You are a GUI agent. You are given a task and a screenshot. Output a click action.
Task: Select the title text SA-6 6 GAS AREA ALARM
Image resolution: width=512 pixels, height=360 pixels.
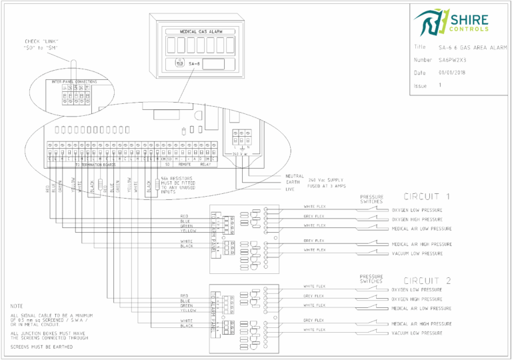468,47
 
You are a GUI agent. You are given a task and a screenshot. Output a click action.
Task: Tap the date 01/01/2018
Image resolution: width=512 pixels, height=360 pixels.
452,73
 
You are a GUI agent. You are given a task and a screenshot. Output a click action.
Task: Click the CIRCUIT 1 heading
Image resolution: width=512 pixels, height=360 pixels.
427,197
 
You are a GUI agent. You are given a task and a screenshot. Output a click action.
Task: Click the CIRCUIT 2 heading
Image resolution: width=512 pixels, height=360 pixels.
427,280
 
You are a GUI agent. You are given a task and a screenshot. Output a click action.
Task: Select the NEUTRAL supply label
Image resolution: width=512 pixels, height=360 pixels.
294,176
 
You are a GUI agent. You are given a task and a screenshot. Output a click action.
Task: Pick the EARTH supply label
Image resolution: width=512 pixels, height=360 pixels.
293,182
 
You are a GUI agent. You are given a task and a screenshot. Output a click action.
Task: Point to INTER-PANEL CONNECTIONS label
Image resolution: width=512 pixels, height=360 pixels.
74,81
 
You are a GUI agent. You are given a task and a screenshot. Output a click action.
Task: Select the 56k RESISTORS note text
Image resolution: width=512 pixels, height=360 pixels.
177,183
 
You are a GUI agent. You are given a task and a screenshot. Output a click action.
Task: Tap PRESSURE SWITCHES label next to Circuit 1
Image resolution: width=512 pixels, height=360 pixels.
371,199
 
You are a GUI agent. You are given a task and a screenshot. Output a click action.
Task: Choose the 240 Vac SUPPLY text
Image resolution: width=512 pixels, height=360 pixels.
328,179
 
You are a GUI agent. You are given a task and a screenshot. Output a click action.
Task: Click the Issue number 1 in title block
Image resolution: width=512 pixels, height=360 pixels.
440,85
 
